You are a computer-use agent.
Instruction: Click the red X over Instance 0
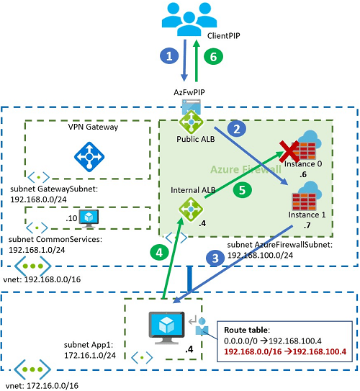coord(289,151)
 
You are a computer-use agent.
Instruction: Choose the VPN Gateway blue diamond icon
coord(89,154)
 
